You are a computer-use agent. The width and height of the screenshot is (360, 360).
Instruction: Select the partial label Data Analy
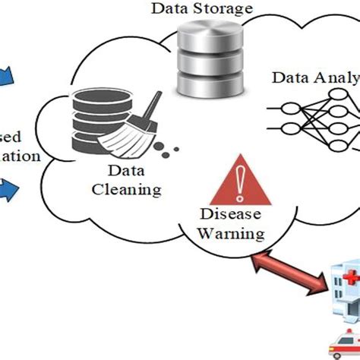pos(314,78)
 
